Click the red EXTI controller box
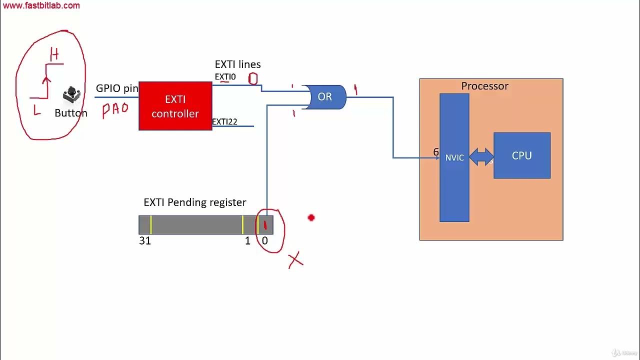point(175,106)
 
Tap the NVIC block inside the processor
point(454,157)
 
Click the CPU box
point(521,155)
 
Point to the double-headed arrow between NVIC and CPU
point(481,157)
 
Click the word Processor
point(484,86)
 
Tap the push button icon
point(71,94)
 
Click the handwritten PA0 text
point(115,109)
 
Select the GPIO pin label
point(117,88)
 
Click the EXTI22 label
point(224,122)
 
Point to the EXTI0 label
point(225,77)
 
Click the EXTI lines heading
point(237,64)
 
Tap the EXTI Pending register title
point(194,202)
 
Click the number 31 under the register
point(145,241)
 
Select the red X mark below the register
point(295,260)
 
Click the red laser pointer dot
point(311,217)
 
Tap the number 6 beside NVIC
point(436,152)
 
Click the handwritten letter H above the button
point(54,55)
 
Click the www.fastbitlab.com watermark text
point(41,6)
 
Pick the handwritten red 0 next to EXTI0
point(253,78)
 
